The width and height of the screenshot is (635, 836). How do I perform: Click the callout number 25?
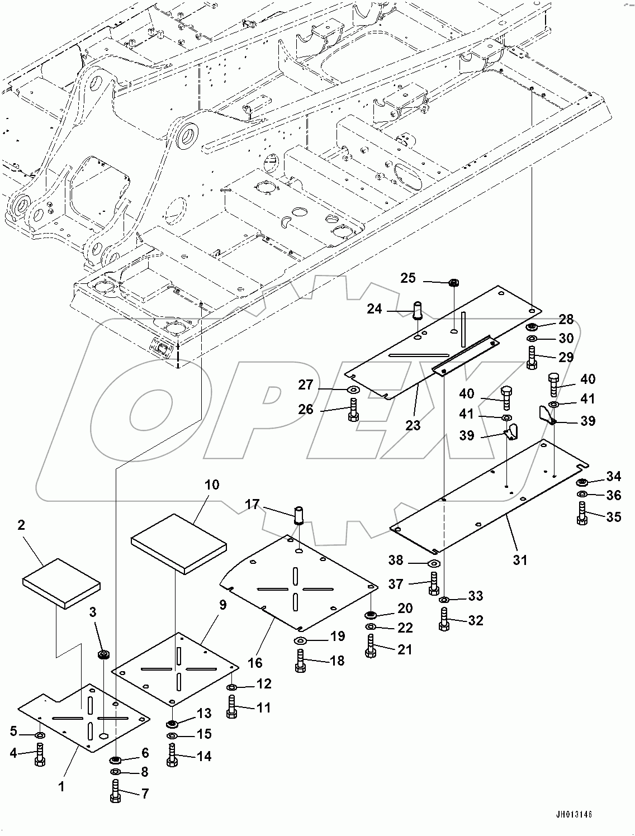click(409, 278)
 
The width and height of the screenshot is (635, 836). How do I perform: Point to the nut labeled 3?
click(103, 654)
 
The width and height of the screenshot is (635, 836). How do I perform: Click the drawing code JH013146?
click(573, 815)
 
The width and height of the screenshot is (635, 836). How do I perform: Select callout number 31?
click(520, 559)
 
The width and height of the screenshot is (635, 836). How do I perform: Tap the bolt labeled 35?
click(582, 514)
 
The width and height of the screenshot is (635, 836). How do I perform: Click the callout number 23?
click(413, 425)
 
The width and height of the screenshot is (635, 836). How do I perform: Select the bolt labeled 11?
click(233, 707)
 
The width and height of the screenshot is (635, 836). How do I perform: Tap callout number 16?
click(255, 663)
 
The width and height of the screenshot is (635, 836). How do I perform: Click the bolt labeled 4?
click(40, 754)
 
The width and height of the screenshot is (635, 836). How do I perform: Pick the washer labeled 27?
click(353, 389)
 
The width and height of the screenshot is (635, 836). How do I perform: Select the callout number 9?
click(222, 605)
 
